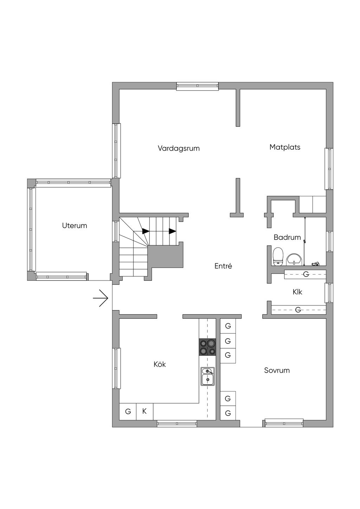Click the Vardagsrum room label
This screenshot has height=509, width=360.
[x=179, y=149]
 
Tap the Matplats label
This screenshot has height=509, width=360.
[x=285, y=147]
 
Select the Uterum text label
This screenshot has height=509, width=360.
[x=75, y=226]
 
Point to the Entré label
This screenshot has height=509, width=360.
[x=223, y=266]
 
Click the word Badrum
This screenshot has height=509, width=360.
[x=287, y=237]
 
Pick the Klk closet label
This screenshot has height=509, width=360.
[x=297, y=292]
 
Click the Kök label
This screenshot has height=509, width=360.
[x=160, y=364]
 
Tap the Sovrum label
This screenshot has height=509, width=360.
[x=277, y=371]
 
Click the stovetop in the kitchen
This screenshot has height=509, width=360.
[x=207, y=347]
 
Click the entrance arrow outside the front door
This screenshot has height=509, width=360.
[x=100, y=298]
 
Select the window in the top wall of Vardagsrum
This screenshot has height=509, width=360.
[x=198, y=86]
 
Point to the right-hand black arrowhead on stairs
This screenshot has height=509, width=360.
[x=173, y=231]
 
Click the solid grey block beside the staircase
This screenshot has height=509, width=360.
[x=165, y=256]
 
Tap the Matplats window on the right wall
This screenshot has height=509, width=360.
[x=329, y=169]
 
